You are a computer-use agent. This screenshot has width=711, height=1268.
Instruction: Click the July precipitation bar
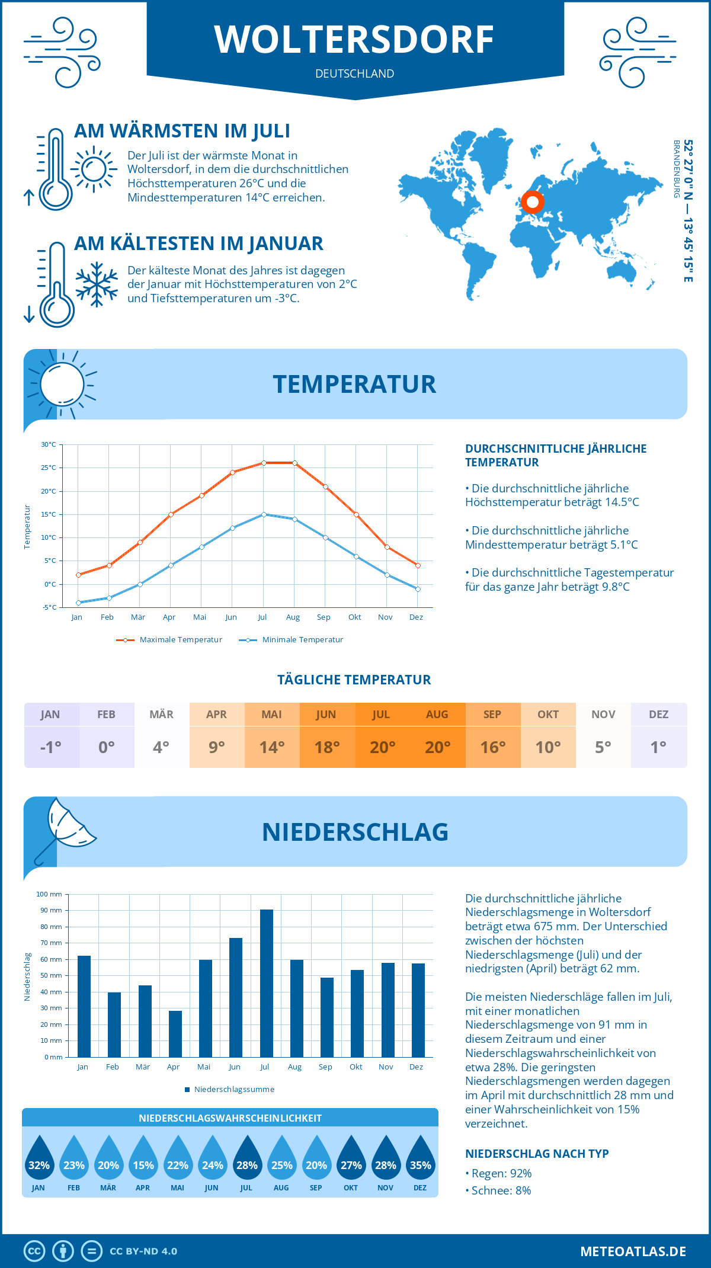click(x=267, y=984)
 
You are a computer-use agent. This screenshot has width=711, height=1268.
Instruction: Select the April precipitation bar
click(x=175, y=1034)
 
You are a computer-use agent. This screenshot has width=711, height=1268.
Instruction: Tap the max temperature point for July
click(x=264, y=463)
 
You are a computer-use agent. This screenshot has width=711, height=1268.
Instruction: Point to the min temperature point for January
click(x=78, y=603)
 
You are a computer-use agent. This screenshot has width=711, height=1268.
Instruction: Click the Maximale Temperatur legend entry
click(x=169, y=640)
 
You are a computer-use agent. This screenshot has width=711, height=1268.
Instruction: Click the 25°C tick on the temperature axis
click(x=49, y=468)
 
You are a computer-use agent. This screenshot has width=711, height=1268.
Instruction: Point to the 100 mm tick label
click(x=49, y=894)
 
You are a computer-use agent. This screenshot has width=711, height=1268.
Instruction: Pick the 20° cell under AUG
click(x=438, y=747)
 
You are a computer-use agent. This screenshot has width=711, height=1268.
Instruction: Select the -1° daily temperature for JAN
click(x=51, y=747)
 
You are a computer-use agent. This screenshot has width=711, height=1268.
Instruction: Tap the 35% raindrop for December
click(x=421, y=1158)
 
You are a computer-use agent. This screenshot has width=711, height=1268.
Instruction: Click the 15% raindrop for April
click(x=143, y=1158)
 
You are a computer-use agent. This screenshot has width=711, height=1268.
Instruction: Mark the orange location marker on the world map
click(x=533, y=202)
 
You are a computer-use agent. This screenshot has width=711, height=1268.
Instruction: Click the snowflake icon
click(x=97, y=284)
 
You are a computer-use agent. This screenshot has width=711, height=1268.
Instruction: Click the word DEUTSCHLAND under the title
click(x=355, y=73)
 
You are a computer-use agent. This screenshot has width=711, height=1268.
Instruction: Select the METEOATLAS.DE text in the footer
click(x=633, y=1251)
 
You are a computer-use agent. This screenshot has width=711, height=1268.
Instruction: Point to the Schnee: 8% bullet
click(x=498, y=1190)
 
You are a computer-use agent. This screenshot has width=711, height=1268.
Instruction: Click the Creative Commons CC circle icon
click(x=34, y=1251)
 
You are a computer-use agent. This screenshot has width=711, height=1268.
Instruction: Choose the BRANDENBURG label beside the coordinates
click(x=676, y=169)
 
